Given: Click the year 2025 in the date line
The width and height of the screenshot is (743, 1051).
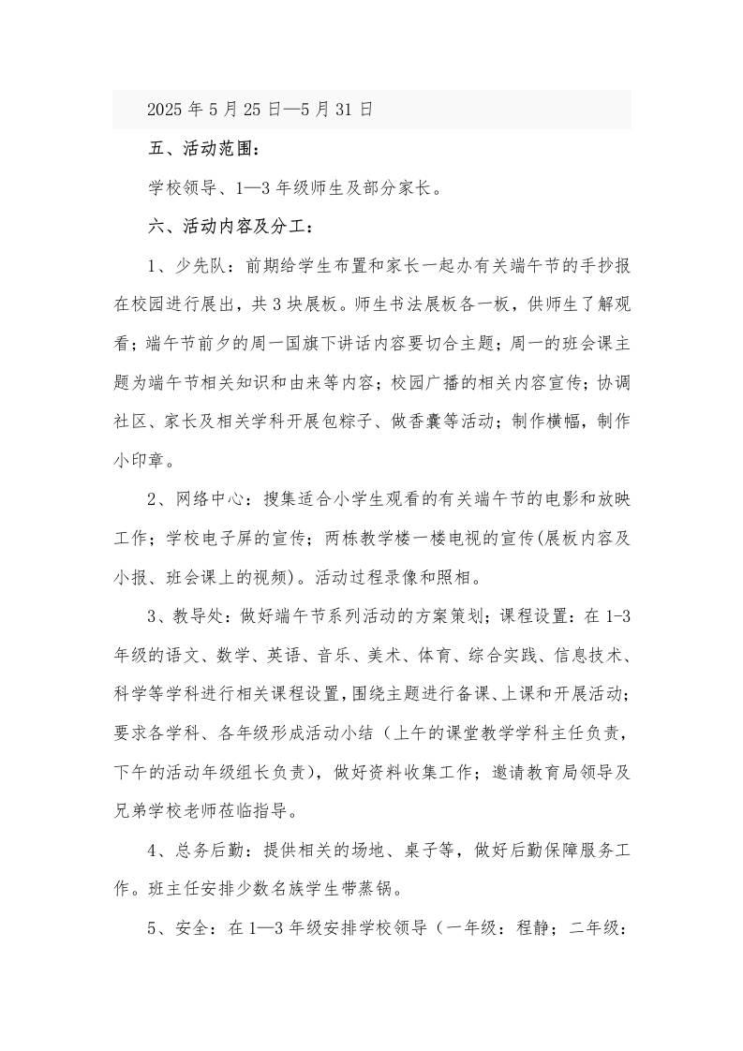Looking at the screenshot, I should (166, 110).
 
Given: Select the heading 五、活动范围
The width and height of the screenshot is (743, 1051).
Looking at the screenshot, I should (200, 149).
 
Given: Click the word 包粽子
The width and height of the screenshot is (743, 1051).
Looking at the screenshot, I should (386, 422).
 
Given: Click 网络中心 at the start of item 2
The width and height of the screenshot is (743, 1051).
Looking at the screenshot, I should (210, 499).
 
